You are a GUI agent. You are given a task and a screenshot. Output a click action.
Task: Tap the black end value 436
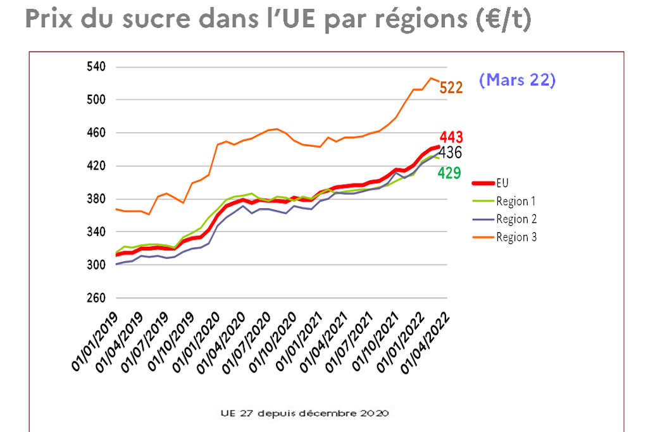(450, 152)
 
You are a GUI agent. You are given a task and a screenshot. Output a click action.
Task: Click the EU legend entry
(502, 183)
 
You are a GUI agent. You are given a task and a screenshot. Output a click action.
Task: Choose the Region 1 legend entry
(516, 201)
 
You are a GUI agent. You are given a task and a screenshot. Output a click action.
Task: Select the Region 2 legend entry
(516, 219)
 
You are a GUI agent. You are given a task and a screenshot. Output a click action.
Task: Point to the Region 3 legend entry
(516, 237)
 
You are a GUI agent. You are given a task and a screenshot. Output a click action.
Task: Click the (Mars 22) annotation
(517, 80)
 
